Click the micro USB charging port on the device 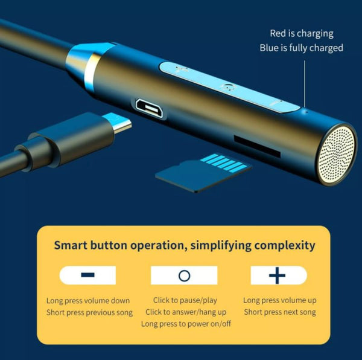(x=150, y=108)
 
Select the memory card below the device (x=203, y=172)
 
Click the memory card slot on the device (x=257, y=147)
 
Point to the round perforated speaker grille (x=337, y=155)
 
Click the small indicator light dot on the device (x=307, y=112)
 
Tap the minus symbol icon (x=87, y=275)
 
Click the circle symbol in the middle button (x=184, y=275)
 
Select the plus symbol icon (x=277, y=275)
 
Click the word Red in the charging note (x=278, y=33)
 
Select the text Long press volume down (x=88, y=301)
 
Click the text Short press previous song (x=89, y=312)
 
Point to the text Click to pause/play (x=185, y=300)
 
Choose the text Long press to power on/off (x=186, y=324)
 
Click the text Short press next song (x=280, y=312)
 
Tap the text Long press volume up (x=279, y=300)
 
